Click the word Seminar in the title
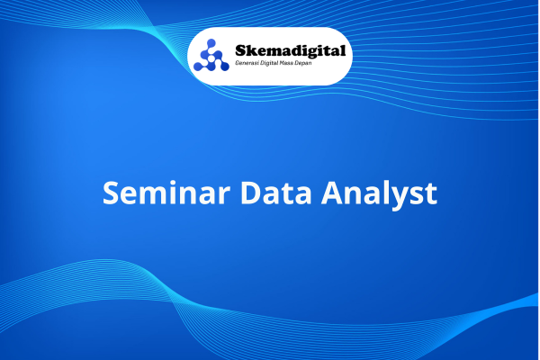coord(166,193)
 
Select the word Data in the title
coord(276,193)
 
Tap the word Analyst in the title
coord(379,194)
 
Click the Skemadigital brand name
coord(291,51)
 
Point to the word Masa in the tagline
coord(286,63)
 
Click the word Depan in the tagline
coord(303,64)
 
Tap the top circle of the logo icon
coord(211,43)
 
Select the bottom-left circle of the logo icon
coord(198,67)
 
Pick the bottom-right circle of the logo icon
coord(224,67)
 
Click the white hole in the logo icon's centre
coord(211,59)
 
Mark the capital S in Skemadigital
coord(240,50)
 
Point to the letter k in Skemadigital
coord(251,50)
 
